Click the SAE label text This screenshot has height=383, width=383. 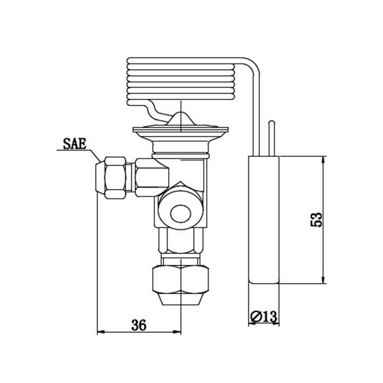point(75,144)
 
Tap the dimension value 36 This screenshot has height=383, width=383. point(139,325)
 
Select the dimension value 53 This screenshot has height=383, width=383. point(317,220)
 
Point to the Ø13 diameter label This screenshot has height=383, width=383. point(264,317)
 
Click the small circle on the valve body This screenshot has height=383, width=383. point(181,213)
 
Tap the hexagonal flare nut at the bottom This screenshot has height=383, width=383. point(181,279)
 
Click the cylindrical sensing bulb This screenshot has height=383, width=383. point(264,220)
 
